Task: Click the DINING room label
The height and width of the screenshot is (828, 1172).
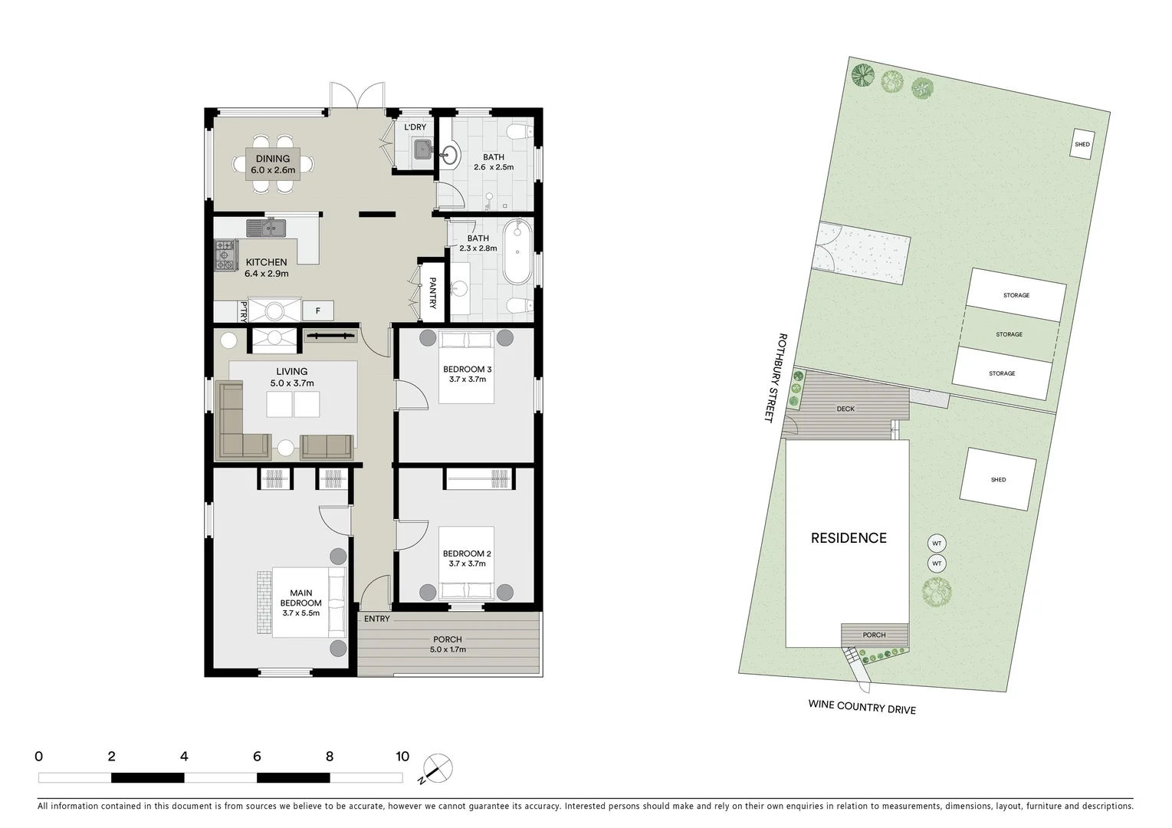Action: point(272,159)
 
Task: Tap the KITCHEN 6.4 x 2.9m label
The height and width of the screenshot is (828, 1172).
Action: point(266,268)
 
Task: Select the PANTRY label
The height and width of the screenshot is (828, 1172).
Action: point(432,293)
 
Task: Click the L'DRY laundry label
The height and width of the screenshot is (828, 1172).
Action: point(415,127)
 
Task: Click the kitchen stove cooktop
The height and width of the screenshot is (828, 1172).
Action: point(225,255)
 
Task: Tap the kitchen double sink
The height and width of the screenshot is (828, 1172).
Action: point(266,228)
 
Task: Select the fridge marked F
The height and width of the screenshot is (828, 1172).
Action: point(317,310)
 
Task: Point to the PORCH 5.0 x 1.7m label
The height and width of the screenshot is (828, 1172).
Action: point(448,644)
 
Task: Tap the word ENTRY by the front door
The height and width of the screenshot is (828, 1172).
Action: point(376,619)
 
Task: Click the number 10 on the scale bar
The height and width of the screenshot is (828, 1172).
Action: point(402,757)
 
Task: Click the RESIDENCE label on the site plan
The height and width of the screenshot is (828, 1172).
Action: point(849,538)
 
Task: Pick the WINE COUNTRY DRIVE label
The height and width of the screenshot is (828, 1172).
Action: point(862,707)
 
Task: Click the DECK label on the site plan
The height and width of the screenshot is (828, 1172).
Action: point(845,409)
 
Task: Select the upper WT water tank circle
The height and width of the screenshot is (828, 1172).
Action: point(936,544)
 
